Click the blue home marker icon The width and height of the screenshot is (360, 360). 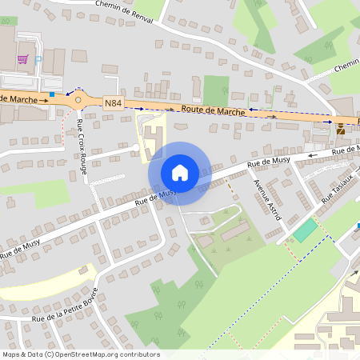coord(179,173)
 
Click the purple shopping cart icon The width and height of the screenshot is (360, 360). coord(23,59)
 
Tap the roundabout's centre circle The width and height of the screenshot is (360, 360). coord(78,100)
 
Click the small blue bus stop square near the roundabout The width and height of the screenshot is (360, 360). coord(52,94)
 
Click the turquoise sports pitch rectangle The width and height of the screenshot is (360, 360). coord(305,230)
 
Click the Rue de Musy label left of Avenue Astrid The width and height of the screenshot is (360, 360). coord(269,162)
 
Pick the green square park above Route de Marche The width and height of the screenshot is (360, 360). coord(216,90)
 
